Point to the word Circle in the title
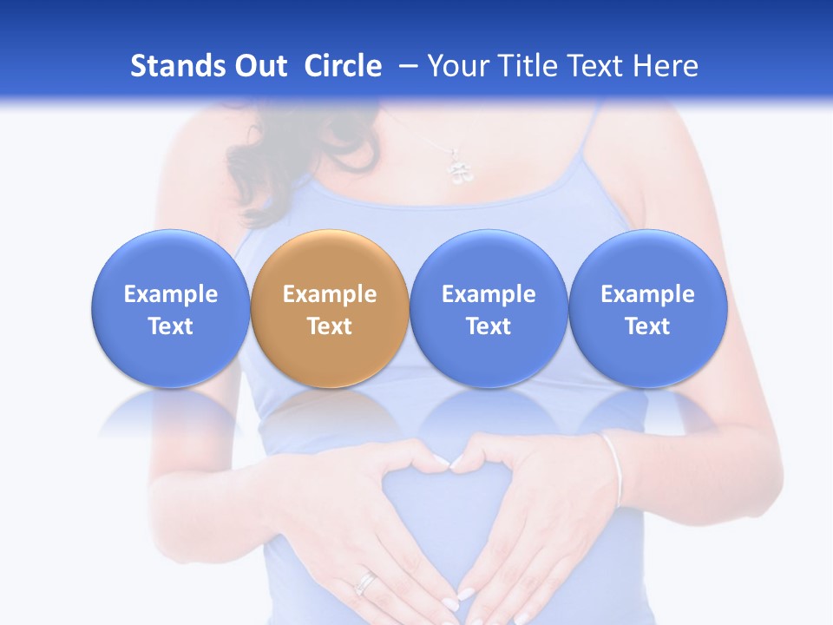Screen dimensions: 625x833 pos(343,66)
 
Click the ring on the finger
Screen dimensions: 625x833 pos(366,582)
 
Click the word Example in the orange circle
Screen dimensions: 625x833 pos(330,294)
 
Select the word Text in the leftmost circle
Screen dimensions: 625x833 pos(170,326)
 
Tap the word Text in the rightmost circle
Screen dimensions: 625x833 pos(647,326)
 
